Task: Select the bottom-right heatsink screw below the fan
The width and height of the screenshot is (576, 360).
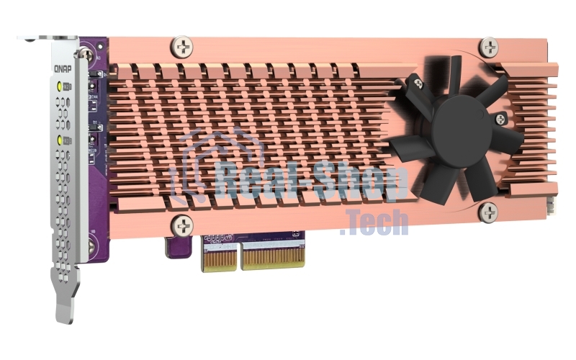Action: pos(489,212)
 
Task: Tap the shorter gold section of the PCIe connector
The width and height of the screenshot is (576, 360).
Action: pos(219,258)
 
